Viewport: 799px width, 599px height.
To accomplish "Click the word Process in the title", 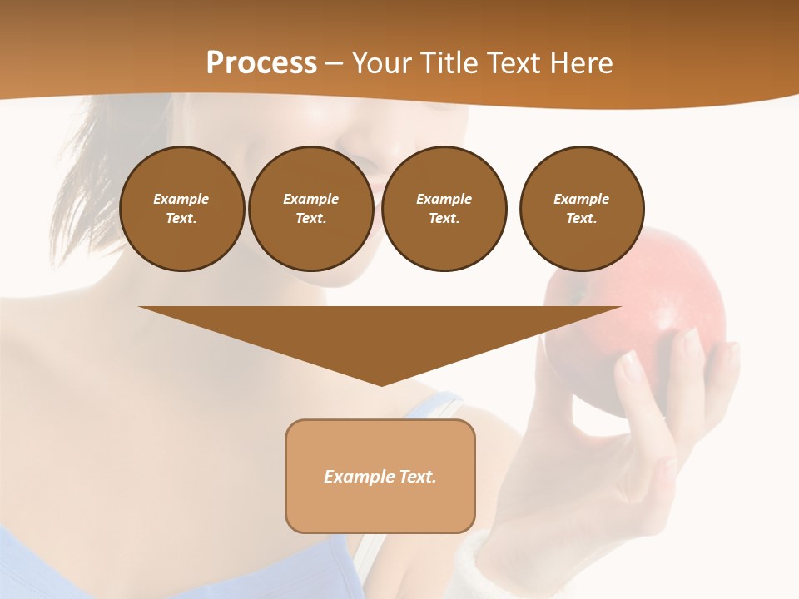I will [x=261, y=63].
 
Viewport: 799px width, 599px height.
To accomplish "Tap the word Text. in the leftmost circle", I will [x=181, y=219].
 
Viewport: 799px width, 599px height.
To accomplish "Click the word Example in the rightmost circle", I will [x=581, y=199].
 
